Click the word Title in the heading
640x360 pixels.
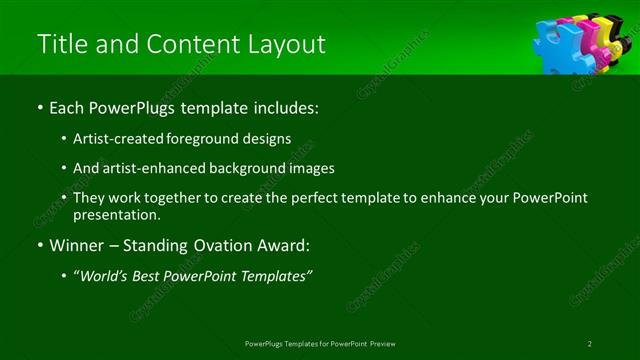(61, 45)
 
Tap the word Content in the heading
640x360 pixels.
(189, 45)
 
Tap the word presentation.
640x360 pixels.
(116, 214)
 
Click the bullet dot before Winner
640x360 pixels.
(39, 245)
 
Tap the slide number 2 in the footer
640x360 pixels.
(590, 343)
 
